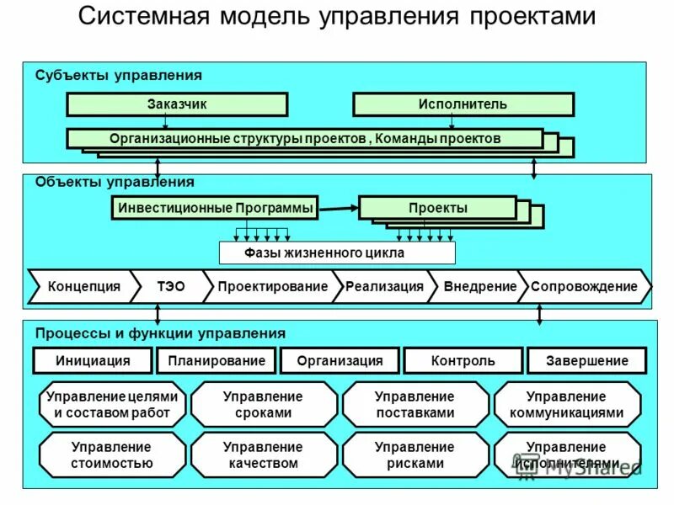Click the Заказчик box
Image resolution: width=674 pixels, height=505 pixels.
pyautogui.click(x=177, y=104)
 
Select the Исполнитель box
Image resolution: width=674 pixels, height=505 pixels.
pyautogui.click(x=463, y=104)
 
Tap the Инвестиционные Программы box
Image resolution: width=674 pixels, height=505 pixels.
pyautogui.click(x=215, y=208)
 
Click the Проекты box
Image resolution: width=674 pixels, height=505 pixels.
pyautogui.click(x=437, y=208)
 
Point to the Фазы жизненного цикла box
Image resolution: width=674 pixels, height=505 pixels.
pyautogui.click(x=336, y=252)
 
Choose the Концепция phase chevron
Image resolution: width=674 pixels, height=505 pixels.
pyautogui.click(x=83, y=287)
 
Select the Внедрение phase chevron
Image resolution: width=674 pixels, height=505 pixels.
pyautogui.click(x=479, y=287)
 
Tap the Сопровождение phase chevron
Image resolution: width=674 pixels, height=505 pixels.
pyautogui.click(x=584, y=287)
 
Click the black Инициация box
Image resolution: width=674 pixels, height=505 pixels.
pyautogui.click(x=93, y=361)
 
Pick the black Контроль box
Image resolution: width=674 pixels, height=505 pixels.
pyautogui.click(x=463, y=361)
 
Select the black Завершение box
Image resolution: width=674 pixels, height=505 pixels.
pyautogui.click(x=586, y=361)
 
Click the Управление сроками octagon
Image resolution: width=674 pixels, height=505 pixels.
pyautogui.click(x=263, y=405)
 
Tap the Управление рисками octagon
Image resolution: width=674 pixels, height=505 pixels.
pyautogui.click(x=415, y=455)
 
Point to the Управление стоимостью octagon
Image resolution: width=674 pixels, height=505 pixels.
pyautogui.click(x=111, y=455)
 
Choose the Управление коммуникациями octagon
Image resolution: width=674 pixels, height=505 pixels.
pyautogui.click(x=566, y=405)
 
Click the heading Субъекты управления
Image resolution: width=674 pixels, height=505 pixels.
pyautogui.click(x=118, y=76)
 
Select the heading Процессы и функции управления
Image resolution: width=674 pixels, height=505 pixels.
pyautogui.click(x=160, y=333)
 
